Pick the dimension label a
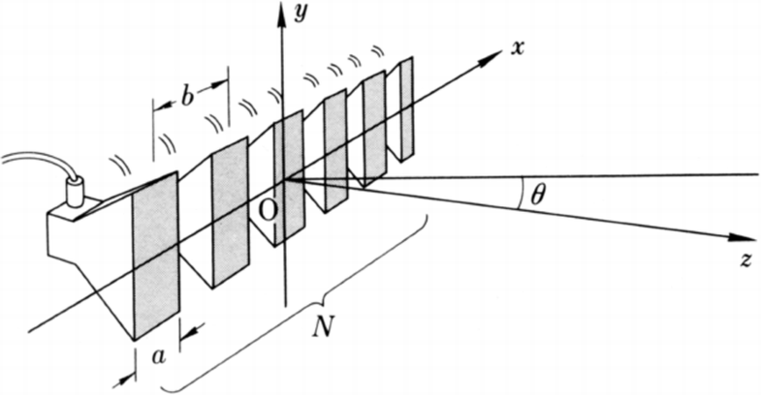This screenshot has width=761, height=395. click(x=161, y=356)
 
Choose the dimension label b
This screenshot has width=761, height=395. click(x=190, y=97)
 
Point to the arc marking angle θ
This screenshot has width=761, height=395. click(x=519, y=194)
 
